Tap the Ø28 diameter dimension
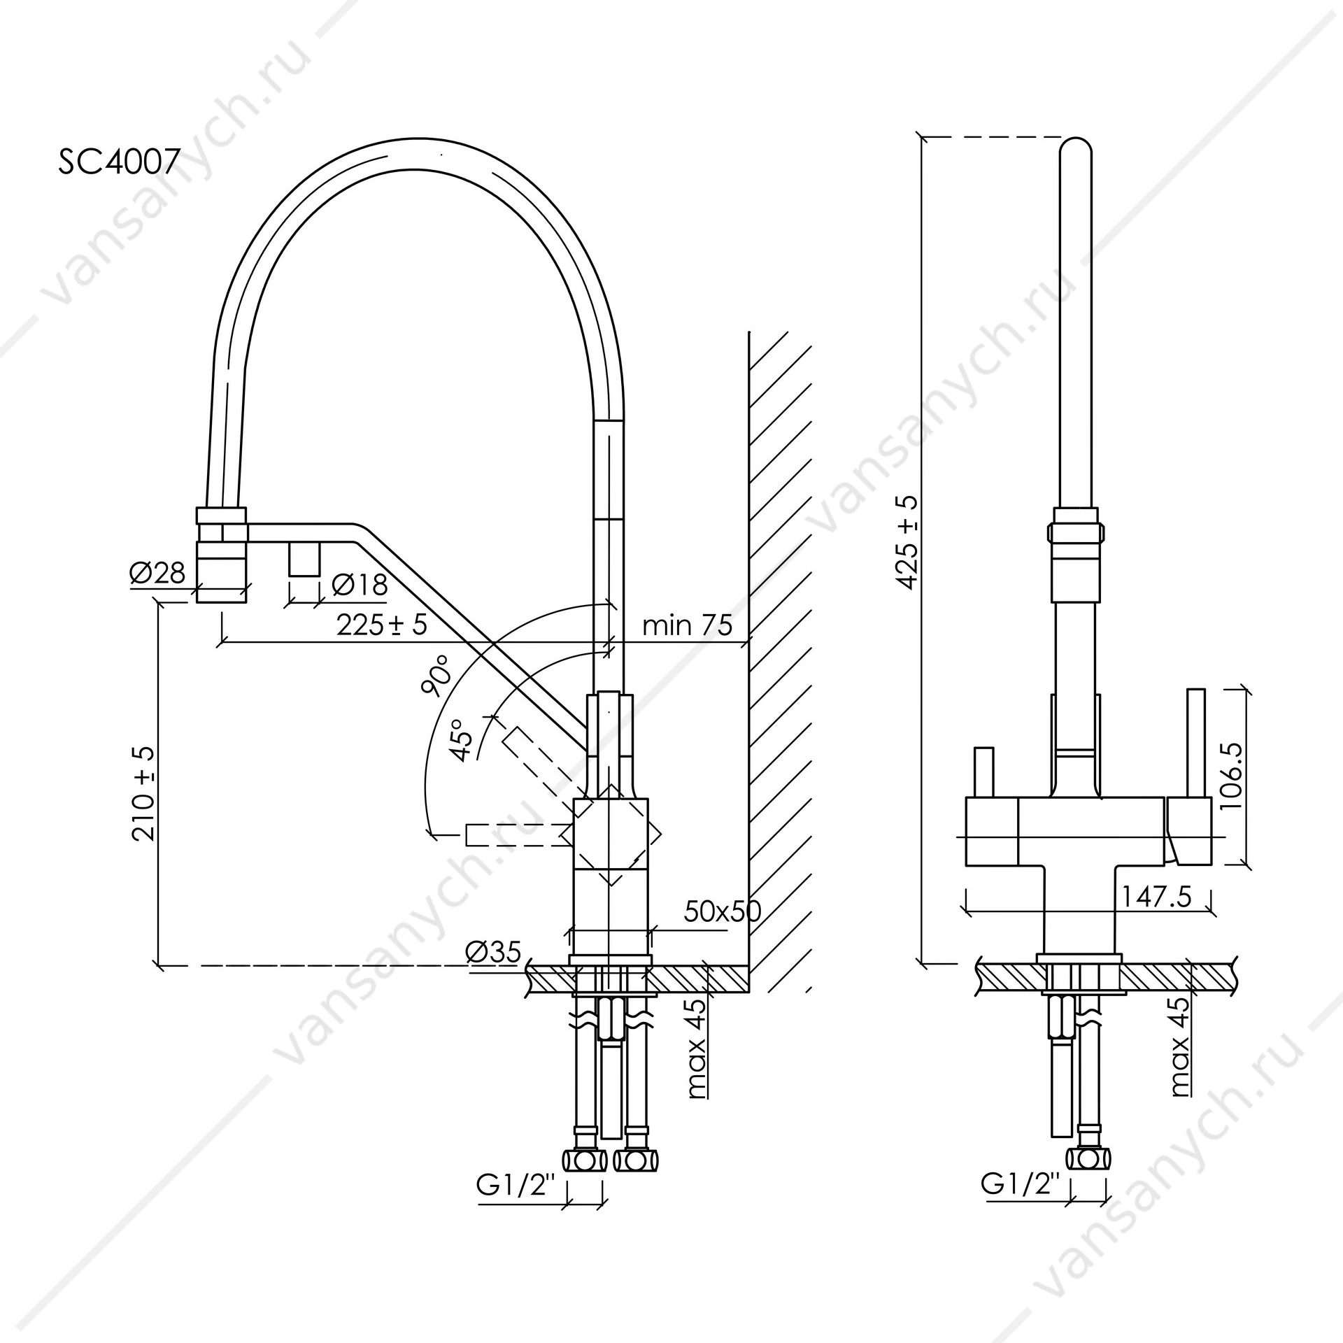click(157, 573)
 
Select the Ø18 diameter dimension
click(360, 584)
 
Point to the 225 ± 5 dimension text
click(382, 625)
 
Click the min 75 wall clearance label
click(687, 625)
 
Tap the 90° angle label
click(436, 676)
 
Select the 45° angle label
click(462, 739)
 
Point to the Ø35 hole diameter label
click(494, 951)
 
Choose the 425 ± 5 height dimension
click(907, 542)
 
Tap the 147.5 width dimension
click(1156, 896)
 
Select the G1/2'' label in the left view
click(517, 1185)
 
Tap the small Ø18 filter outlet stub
click(304, 560)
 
